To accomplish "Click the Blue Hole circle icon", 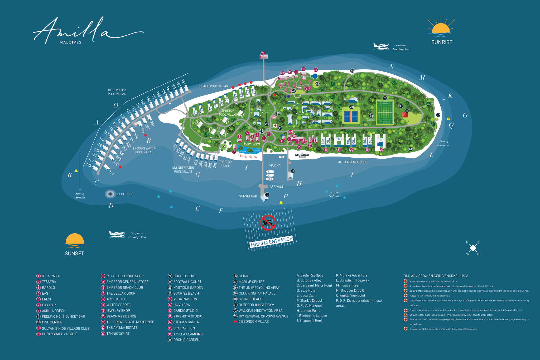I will pyautogui.click(x=110, y=194).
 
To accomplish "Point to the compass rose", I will pyautogui.click(x=473, y=248).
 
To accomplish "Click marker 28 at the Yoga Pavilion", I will pyautogui.click(x=263, y=53).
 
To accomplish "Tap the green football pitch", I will pyautogui.click(x=385, y=113).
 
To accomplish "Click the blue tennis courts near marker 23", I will pyautogui.click(x=351, y=116).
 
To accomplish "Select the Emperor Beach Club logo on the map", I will pyautogui.click(x=302, y=155).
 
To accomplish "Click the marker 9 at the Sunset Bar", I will pyautogui.click(x=267, y=195).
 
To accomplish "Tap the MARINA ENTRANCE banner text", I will pyautogui.click(x=271, y=242).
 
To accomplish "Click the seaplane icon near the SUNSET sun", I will pyautogui.click(x=117, y=234).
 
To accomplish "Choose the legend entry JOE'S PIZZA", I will pyautogui.click(x=51, y=276).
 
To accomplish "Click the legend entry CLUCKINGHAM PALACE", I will pyautogui.click(x=257, y=293).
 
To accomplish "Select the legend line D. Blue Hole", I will pyautogui.click(x=306, y=290).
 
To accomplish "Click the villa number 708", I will pyautogui.click(x=380, y=140).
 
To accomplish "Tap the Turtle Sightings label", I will pyautogui.click(x=335, y=194).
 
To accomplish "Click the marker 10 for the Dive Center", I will pyautogui.click(x=293, y=171).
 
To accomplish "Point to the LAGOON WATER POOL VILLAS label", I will pyautogui.click(x=144, y=150).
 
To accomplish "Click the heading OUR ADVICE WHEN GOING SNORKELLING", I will pyautogui.click(x=435, y=276).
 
